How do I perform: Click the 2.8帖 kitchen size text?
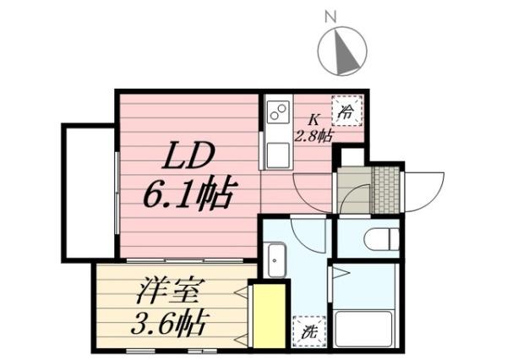click(x=313, y=134)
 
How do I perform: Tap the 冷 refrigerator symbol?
click(x=346, y=109)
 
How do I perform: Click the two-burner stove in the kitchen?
click(x=277, y=112)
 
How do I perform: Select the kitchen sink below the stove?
click(x=276, y=155)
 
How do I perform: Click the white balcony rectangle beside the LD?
click(x=86, y=194)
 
